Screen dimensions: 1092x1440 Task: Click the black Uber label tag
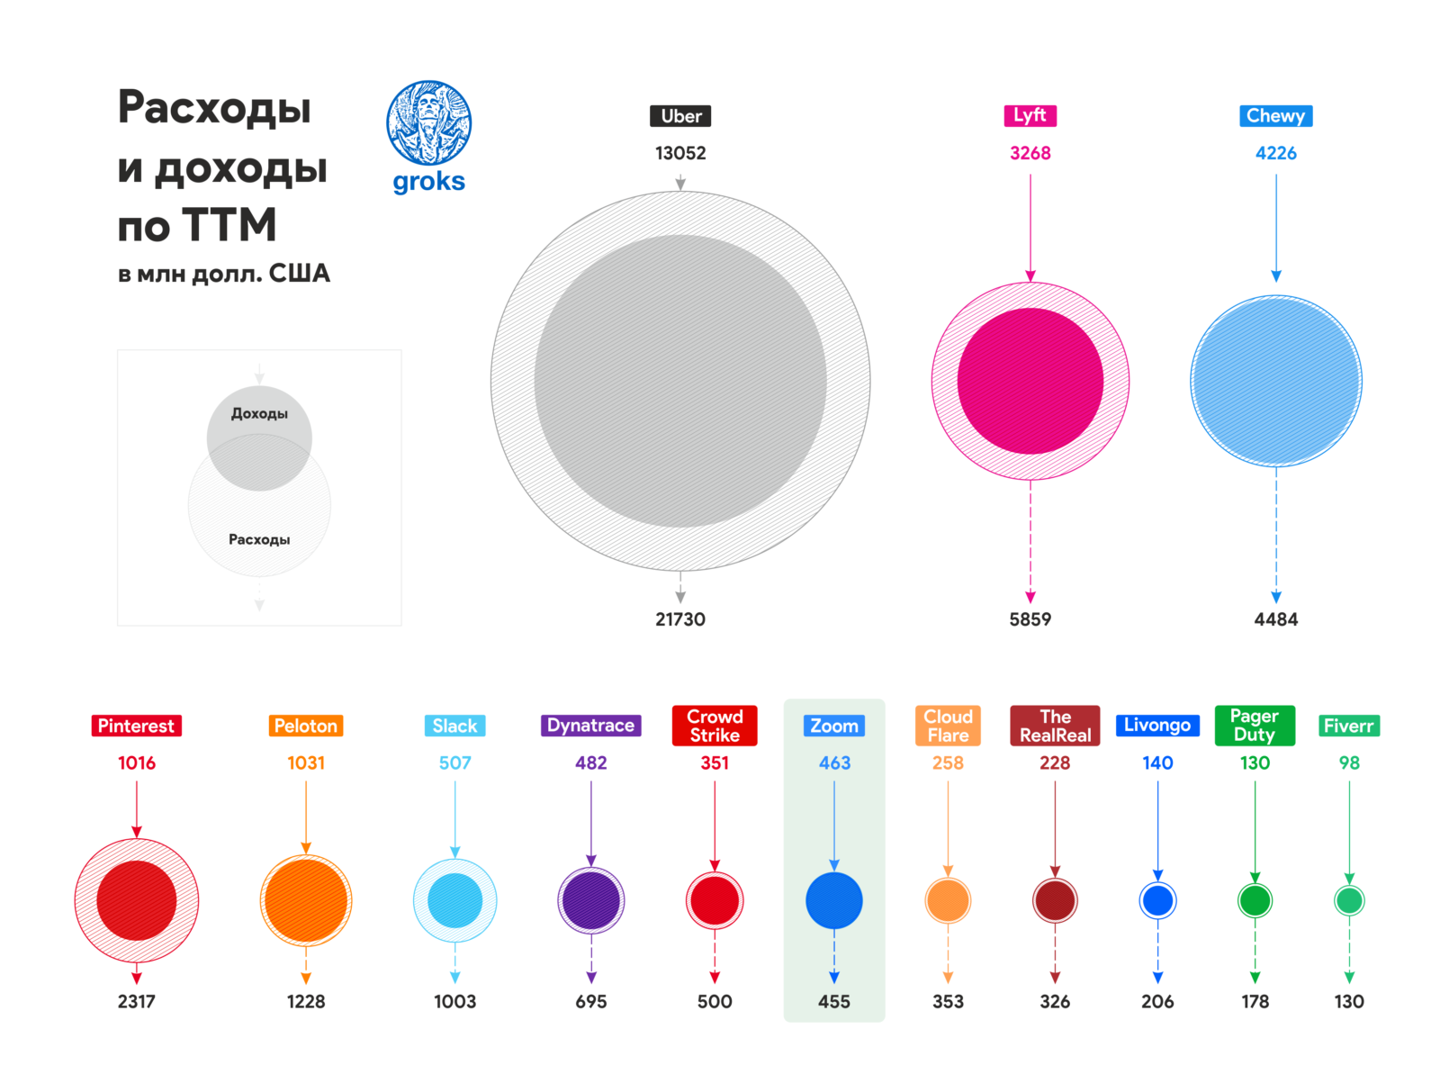(x=680, y=116)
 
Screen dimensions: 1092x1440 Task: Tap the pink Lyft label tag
(x=1030, y=115)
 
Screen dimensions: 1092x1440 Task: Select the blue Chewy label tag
(x=1275, y=116)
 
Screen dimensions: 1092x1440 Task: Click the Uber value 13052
(x=680, y=153)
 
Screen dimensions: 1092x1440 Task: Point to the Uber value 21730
(x=680, y=619)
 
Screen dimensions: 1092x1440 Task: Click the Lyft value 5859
(x=1030, y=619)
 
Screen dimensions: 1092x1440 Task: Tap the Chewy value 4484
(x=1275, y=619)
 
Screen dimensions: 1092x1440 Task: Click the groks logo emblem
(x=428, y=123)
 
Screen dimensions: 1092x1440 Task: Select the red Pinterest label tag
(x=136, y=726)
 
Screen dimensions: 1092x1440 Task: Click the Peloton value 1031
(x=306, y=763)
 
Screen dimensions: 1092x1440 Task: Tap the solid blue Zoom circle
(x=833, y=900)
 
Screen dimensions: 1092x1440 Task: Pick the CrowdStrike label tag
(x=715, y=726)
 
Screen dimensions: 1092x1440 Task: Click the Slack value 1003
(x=454, y=1001)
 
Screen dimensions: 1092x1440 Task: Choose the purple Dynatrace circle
(x=590, y=900)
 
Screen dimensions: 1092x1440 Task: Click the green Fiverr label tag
(x=1348, y=726)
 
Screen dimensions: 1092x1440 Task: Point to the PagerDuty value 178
(x=1255, y=1001)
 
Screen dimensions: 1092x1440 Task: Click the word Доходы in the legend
(x=259, y=414)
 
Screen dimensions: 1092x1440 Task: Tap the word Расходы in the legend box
(x=259, y=539)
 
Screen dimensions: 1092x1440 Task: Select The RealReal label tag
(x=1055, y=726)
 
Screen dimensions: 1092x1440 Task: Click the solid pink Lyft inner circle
(x=1030, y=381)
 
